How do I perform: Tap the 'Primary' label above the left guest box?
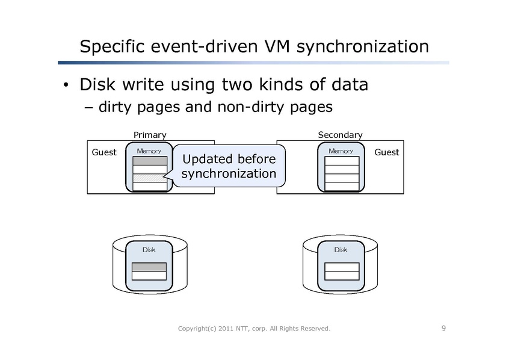pos(149,135)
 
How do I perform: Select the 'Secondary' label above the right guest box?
pos(340,135)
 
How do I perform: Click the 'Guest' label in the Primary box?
pos(103,152)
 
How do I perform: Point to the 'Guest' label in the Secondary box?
pos(386,152)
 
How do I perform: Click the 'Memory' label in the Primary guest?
pos(149,151)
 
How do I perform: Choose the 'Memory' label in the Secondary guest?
pos(341,151)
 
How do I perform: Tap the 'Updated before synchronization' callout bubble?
pos(229,166)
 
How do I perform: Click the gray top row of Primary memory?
pos(149,161)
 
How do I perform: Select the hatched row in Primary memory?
pos(149,178)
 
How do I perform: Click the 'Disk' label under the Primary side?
pos(149,249)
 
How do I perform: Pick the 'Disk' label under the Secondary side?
pos(341,249)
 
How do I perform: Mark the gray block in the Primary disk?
pos(149,267)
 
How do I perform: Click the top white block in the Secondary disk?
pos(341,267)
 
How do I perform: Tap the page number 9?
pos(443,328)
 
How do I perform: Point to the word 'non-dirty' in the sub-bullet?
pos(255,108)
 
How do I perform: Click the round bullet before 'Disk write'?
pos(68,85)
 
